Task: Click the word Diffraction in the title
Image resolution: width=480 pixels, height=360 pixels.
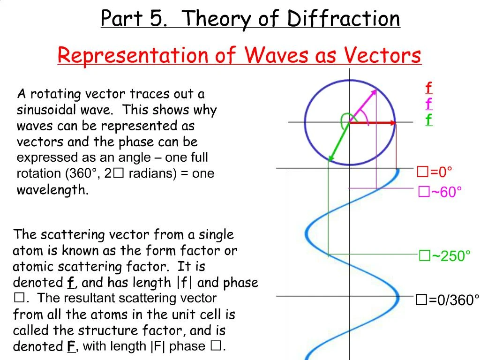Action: click(344, 19)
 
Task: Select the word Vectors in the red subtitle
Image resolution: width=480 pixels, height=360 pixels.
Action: click(383, 56)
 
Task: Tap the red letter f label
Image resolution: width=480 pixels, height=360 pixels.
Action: click(428, 88)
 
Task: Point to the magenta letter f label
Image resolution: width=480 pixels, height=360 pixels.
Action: click(428, 104)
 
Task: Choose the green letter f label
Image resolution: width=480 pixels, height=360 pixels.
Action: click(428, 120)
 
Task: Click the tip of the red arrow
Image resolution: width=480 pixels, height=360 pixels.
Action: click(395, 123)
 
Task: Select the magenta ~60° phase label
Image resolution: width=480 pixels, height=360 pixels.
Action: click(440, 192)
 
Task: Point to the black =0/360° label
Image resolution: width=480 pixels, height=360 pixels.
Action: click(448, 300)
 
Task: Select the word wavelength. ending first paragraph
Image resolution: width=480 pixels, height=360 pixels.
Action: click(52, 190)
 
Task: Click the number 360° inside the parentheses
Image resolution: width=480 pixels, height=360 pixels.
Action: click(85, 173)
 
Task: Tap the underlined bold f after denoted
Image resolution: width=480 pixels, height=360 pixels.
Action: click(71, 283)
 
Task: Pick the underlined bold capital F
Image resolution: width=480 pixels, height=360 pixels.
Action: click(71, 347)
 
